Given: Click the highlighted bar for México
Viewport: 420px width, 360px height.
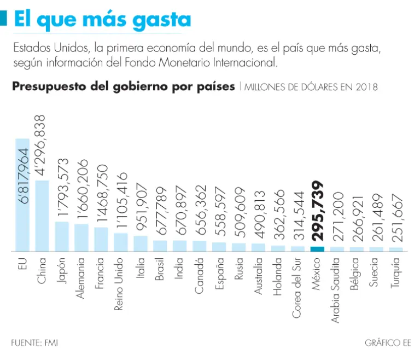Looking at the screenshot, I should [317, 248].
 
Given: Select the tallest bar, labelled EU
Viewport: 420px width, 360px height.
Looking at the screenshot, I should [22, 194].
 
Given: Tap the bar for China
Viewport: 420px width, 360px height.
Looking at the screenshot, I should [42, 215].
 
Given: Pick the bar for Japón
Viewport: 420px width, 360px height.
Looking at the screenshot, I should [62, 236].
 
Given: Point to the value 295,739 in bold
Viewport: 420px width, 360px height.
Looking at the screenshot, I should [317, 211].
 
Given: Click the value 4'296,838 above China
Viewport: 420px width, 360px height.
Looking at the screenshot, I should [42, 144].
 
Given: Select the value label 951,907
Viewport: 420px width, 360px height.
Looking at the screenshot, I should [141, 205].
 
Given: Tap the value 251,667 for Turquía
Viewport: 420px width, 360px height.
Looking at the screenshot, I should [396, 218].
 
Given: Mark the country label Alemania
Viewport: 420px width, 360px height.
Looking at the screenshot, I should [81, 278].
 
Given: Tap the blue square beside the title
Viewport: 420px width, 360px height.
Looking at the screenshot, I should [3, 19].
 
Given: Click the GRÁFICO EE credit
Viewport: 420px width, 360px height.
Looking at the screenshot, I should [388, 343].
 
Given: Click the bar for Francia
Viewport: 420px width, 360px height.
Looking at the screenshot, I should [101, 239].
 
